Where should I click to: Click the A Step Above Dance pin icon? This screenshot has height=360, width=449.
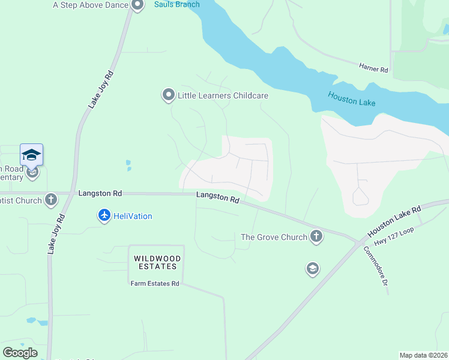pos(137,5)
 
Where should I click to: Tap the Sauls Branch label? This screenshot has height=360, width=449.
pos(176,4)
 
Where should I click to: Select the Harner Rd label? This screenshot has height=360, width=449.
pos(373,68)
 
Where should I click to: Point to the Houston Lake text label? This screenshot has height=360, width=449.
pos(352,99)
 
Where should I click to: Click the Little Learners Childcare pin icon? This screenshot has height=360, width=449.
pos(168,95)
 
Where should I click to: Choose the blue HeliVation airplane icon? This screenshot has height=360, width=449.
pos(104,215)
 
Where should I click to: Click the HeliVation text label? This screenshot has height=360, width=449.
pos(133,216)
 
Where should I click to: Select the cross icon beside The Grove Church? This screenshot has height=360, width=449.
pos(316,237)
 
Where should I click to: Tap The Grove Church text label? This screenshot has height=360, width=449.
pos(274,237)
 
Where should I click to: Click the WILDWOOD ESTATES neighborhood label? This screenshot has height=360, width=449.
pos(155,262)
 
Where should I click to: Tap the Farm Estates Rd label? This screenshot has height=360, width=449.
pos(155,283)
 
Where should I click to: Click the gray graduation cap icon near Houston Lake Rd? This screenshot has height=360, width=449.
pos(312,269)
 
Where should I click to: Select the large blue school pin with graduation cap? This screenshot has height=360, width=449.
pos(31,156)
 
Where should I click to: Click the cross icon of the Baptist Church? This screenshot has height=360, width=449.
pos(51,199)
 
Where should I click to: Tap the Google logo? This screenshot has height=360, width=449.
pos(20,352)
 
